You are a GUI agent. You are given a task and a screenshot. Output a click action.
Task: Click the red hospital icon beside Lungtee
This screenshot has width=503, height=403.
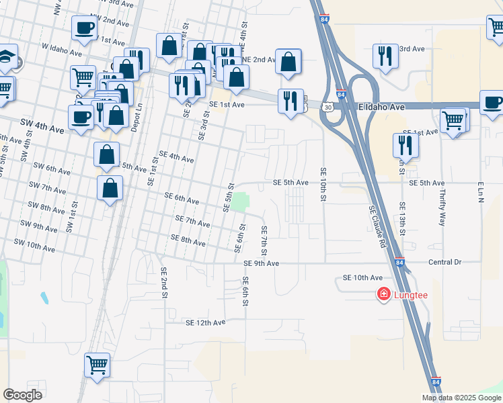click(383, 294)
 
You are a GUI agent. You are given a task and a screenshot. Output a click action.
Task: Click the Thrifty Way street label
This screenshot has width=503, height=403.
click(442, 203)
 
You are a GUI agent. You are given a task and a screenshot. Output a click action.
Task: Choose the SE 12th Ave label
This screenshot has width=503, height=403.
click(205, 322)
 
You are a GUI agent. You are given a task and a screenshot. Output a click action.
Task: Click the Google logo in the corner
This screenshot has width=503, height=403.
click(23, 395)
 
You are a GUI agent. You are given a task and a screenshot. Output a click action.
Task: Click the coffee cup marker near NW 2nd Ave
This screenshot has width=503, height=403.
click(85, 28)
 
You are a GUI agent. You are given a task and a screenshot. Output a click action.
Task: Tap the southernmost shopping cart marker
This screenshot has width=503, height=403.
click(97, 365)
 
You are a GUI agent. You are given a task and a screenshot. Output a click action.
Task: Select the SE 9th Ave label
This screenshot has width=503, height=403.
click(261, 263)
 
